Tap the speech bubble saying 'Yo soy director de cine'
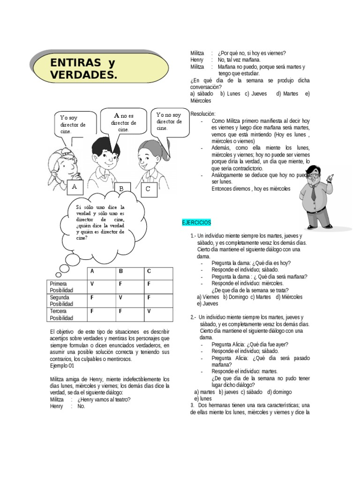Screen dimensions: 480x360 73,125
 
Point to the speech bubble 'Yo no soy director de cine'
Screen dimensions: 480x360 169,121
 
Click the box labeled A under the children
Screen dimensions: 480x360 74,187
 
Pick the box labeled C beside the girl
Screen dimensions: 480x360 148,189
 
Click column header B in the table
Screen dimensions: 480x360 120,271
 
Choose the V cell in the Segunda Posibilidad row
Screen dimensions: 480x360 120,298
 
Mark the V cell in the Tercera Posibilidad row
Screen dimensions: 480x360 149,311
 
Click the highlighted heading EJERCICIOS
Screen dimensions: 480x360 197,222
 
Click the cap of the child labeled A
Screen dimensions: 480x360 61,157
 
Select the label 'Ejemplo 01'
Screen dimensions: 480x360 62,366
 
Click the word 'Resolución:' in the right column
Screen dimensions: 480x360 203,114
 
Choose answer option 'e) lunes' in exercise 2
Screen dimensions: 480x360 203,398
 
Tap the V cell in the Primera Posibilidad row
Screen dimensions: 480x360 92,284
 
